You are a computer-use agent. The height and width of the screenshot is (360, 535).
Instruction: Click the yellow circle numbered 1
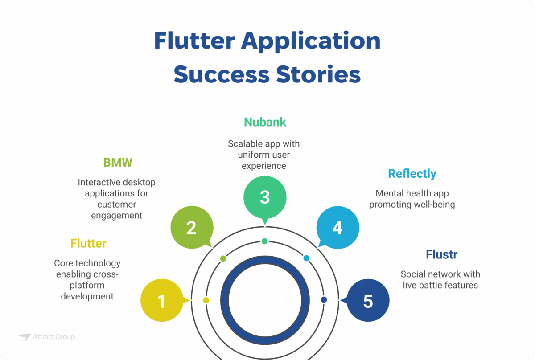tap(162, 301)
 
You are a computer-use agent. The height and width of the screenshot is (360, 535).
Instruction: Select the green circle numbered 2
tap(192, 228)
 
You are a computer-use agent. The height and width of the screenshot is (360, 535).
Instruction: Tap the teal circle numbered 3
tap(265, 196)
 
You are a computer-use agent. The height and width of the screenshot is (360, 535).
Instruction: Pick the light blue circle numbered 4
tap(337, 228)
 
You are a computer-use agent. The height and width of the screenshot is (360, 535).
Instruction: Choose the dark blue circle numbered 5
tap(368, 301)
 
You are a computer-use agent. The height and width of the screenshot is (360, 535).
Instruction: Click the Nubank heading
tap(265, 122)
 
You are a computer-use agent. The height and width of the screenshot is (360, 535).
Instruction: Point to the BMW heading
tap(118, 162)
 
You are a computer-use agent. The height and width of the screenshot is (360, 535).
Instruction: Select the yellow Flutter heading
tap(88, 243)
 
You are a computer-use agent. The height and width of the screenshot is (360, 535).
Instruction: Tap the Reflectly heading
tap(412, 173)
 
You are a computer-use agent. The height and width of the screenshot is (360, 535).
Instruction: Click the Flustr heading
tap(441, 255)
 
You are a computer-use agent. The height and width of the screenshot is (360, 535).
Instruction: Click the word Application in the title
tap(311, 41)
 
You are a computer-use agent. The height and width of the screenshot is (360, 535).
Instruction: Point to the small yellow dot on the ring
tap(206, 300)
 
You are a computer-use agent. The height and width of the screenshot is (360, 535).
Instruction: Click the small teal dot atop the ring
tap(265, 241)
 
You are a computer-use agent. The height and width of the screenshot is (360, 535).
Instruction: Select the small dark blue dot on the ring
tap(324, 300)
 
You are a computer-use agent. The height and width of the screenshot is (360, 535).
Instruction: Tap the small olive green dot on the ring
tap(223, 258)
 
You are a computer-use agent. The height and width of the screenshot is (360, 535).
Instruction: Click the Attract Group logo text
tap(53, 337)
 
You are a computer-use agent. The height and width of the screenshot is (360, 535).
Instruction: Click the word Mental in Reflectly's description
tap(388, 193)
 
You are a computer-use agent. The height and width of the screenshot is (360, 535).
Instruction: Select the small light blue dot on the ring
tap(306, 258)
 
